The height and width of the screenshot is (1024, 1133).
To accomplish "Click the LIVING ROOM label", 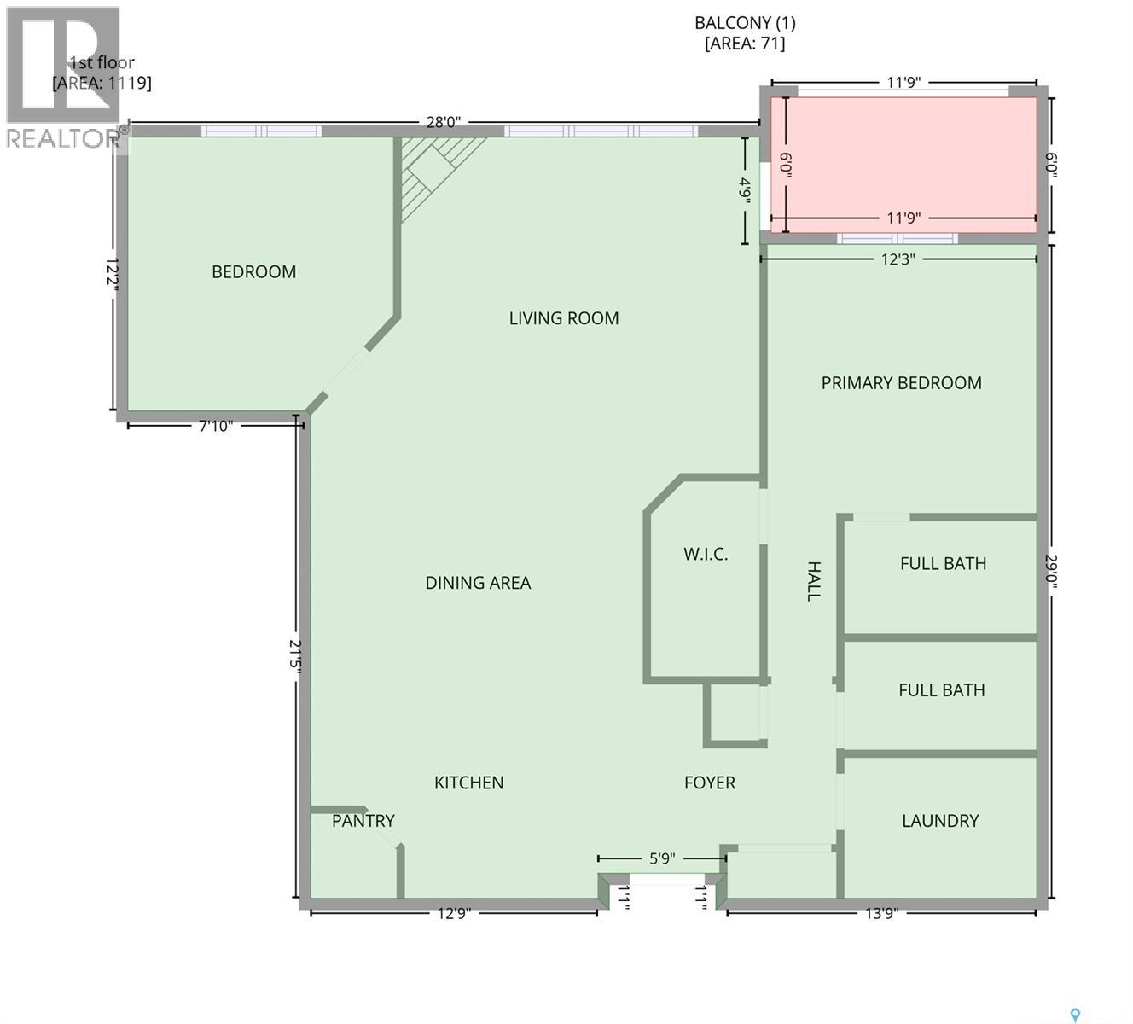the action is pos(564,319).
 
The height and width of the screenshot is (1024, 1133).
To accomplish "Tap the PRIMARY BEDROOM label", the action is pos(902,383).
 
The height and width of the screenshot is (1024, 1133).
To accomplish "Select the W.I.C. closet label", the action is pos(706,555).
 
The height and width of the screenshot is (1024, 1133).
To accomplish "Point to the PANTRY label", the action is pos(363,821).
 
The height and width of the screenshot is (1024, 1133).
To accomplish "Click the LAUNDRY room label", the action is pos(940,821).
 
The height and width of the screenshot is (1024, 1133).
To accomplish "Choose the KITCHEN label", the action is pos(468,783).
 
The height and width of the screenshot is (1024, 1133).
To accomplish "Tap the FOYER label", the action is pos(710,783).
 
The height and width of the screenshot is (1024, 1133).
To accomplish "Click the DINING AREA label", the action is pos(478,583).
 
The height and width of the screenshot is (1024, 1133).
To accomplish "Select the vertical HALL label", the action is pos(813,581).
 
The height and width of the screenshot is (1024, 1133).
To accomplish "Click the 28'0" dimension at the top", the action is pos(444,122).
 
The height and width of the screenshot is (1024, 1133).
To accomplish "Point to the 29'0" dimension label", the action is pos(1050,571).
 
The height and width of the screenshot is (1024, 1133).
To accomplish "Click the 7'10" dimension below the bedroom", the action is pos(216,426).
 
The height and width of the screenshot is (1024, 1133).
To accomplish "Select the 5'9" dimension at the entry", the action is pos(663,859).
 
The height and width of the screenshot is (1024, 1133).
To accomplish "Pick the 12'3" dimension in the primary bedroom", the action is pos(898,259).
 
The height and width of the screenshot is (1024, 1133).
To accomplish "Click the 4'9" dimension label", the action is pos(746,191).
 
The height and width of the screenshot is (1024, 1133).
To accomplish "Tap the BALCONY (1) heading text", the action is pos(745,23).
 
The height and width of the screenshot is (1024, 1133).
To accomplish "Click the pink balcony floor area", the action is pos(903,165).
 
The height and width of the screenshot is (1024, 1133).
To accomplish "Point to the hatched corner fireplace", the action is pos(435,170).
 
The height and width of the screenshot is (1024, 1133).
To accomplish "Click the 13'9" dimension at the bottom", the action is pos(881,913).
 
